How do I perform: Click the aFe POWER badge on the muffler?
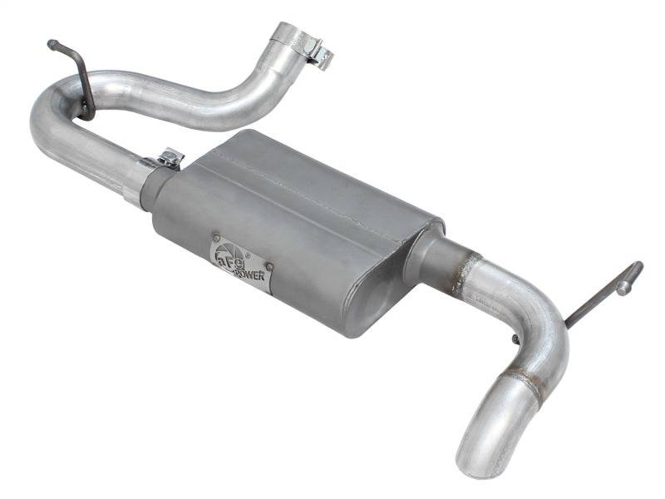pyautogui.click(x=239, y=262)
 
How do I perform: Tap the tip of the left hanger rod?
pyautogui.click(x=52, y=43)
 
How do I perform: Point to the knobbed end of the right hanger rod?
pyautogui.click(x=630, y=276)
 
